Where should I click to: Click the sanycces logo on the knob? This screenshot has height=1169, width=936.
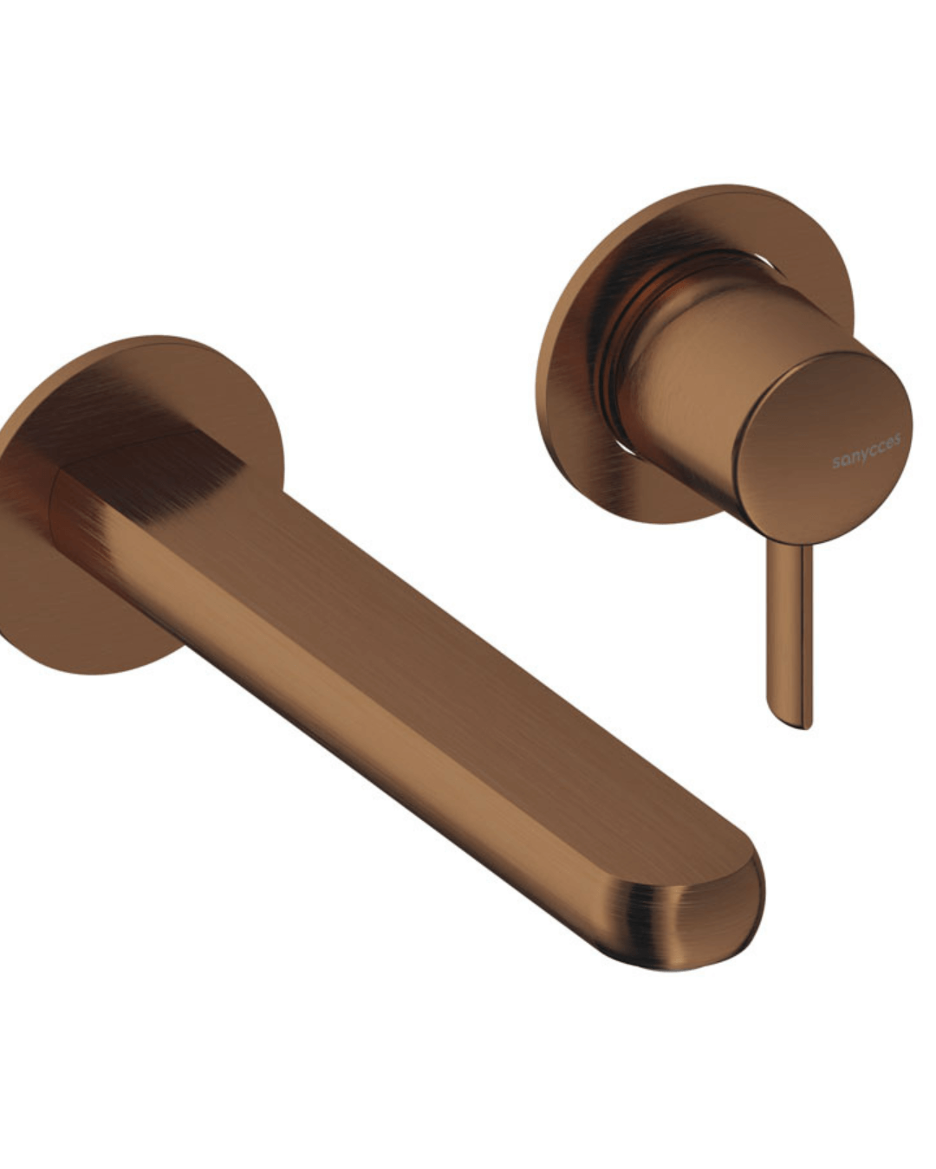click(x=866, y=449)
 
